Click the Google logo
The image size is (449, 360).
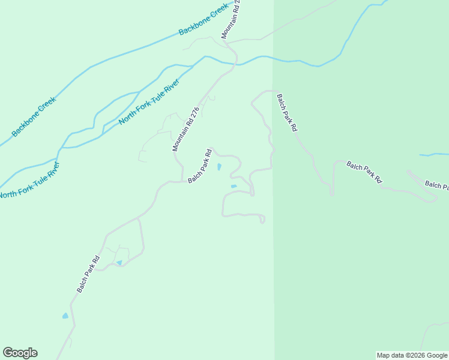[x=20, y=353]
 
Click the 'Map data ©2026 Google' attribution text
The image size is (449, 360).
[x=412, y=355]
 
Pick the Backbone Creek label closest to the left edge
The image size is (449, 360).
[x=34, y=117]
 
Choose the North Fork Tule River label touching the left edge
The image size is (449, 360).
[x=29, y=179]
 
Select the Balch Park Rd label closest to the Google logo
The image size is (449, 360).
[x=88, y=274]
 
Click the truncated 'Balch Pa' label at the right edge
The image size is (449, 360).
[x=436, y=185]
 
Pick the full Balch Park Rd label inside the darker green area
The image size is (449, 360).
[x=364, y=172]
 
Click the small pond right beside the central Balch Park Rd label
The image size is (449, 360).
[x=219, y=167]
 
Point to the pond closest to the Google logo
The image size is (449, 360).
[x=65, y=316]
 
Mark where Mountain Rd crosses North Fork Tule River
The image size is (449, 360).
[x=236, y=62]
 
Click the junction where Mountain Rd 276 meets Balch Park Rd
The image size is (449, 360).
[x=182, y=181]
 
